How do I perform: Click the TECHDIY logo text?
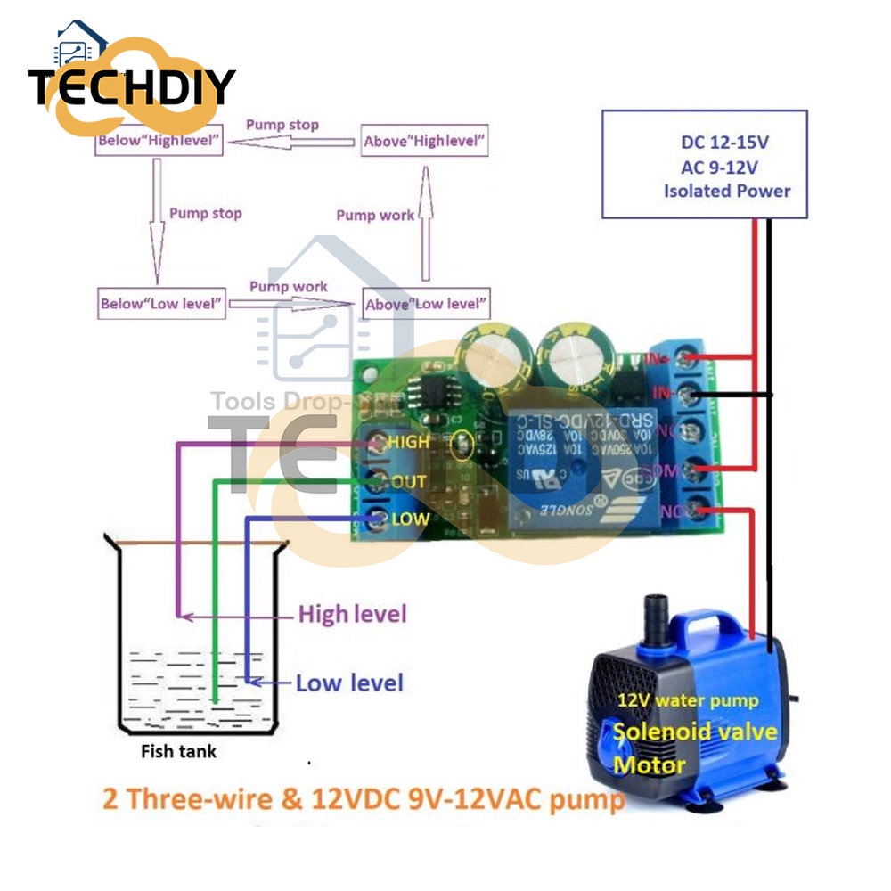click(x=131, y=87)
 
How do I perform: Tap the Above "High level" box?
click(x=425, y=141)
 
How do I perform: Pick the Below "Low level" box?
click(x=160, y=303)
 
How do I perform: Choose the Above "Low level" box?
click(x=426, y=303)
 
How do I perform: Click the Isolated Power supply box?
click(x=704, y=164)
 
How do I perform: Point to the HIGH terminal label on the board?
click(x=410, y=441)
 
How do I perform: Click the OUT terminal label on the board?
click(x=409, y=481)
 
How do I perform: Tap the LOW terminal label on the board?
click(x=410, y=519)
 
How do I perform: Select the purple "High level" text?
click(x=352, y=614)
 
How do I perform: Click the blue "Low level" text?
click(x=349, y=683)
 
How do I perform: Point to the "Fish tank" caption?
click(x=178, y=751)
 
